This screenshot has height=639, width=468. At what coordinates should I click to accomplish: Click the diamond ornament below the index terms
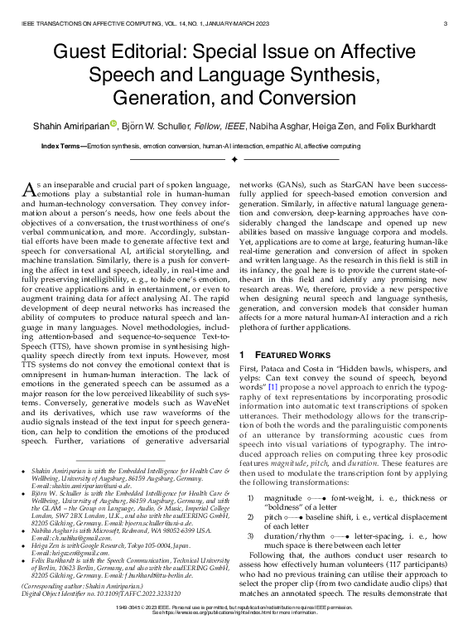234,157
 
